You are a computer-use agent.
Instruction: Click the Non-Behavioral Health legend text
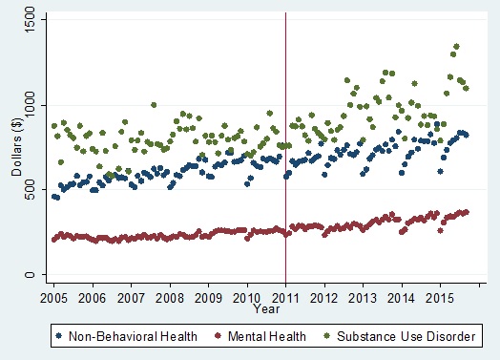pos(133,335)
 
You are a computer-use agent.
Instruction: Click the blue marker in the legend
pos(62,335)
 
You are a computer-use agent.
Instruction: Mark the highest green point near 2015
pos(456,46)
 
